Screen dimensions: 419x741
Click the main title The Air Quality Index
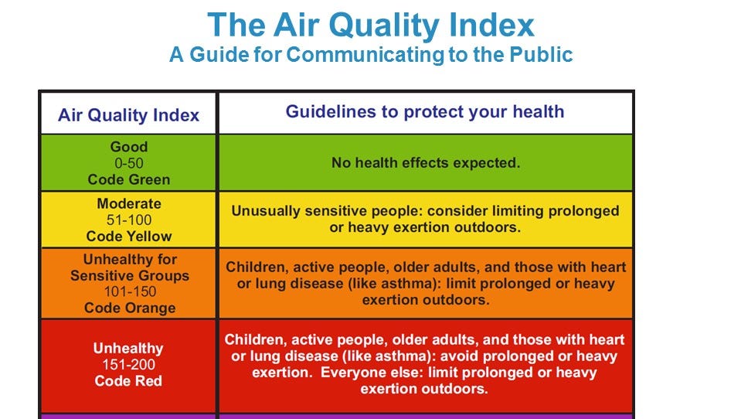tap(371, 26)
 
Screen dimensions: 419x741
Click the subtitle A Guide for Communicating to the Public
tap(371, 56)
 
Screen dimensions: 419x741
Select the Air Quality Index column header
tap(128, 115)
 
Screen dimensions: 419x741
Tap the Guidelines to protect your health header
tap(425, 111)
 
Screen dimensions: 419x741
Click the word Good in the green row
tap(128, 146)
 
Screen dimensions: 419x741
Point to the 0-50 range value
tap(128, 163)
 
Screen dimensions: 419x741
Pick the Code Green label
tap(128, 179)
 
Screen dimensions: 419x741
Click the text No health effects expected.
tap(426, 163)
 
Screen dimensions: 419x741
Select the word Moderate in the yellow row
tap(129, 203)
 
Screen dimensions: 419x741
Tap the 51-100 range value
tap(128, 220)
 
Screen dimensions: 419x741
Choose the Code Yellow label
tap(129, 237)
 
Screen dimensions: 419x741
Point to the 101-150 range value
tap(129, 291)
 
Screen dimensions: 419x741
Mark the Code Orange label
tap(129, 308)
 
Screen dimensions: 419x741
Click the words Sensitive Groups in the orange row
tap(129, 275)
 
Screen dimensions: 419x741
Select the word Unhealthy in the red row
tap(128, 349)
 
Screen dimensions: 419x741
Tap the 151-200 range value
tap(128, 364)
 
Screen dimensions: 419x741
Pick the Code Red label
tap(128, 380)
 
